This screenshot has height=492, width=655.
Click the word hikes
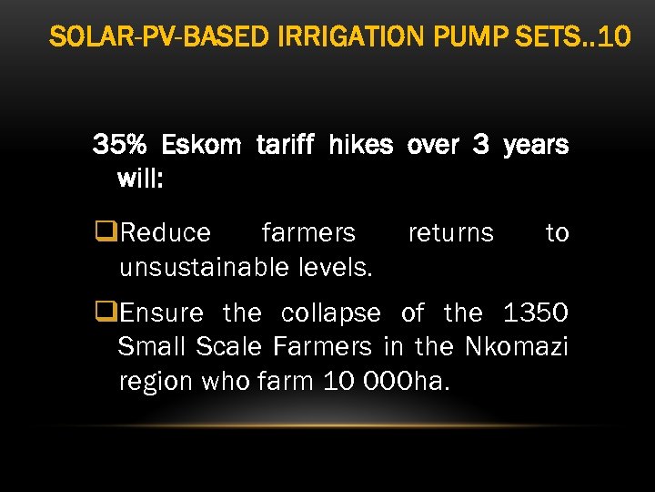pyautogui.click(x=360, y=145)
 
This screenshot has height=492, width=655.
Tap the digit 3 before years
pyautogui.click(x=480, y=145)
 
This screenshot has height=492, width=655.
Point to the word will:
pyautogui.click(x=140, y=178)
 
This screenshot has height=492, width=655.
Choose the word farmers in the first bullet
pyautogui.click(x=308, y=233)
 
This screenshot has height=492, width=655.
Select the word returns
pyautogui.click(x=450, y=233)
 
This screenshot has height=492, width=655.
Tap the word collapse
pyautogui.click(x=331, y=313)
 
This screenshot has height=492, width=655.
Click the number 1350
pyautogui.click(x=535, y=313)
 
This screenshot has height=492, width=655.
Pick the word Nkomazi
pyautogui.click(x=517, y=347)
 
